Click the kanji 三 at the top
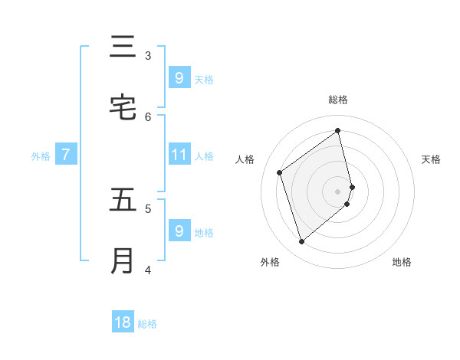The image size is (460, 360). pos(123,47)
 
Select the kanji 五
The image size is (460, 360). pos(123,200)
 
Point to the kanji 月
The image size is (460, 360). pos(123,261)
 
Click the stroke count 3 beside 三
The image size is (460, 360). pos(148,55)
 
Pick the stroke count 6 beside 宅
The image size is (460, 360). pos(148,116)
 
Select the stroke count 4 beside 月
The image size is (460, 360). pos(148,270)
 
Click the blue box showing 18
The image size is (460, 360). pos(123,322)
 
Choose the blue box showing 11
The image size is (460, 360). pos(179,155)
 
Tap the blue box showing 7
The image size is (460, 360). pos(66,155)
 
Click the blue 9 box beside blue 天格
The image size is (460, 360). pos(179,77)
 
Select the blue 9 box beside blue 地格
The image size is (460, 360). pos(179,231)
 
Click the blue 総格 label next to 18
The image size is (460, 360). pos(147,324)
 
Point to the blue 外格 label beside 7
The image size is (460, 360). pos(41,156)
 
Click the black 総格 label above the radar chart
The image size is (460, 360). pos(338,100)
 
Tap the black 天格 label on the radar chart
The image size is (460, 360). pos(431,159)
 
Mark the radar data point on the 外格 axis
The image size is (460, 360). pos(301,242)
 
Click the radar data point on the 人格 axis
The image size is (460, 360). pos(280,172)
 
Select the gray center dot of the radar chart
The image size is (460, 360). pos(338,191)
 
